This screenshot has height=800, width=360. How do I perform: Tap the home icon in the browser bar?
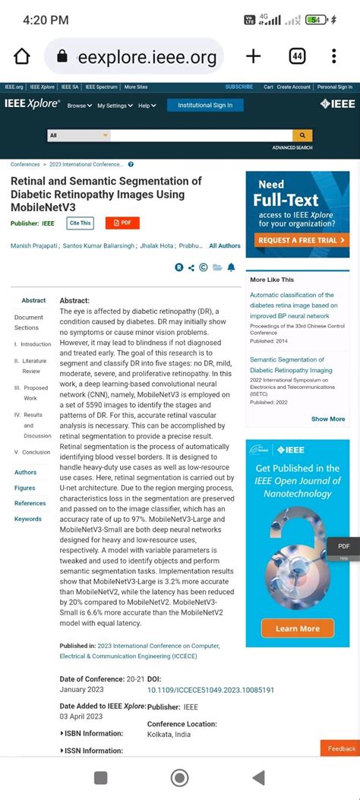(x=22, y=57)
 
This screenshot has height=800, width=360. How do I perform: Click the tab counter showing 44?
(x=297, y=56)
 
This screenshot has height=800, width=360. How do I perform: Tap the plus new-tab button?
(x=254, y=56)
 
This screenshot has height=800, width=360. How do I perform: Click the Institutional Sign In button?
(x=205, y=105)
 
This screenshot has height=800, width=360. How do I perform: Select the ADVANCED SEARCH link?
(x=292, y=147)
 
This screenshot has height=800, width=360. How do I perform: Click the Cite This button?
(x=80, y=223)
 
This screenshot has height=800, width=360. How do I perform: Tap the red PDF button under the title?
(x=122, y=223)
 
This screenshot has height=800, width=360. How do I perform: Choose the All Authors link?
(x=224, y=246)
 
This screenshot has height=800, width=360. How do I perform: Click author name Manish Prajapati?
(x=33, y=246)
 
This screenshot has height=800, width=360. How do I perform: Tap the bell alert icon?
(x=231, y=267)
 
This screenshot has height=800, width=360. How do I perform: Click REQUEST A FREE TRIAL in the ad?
(x=298, y=240)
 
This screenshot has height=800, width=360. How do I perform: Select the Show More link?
(x=328, y=419)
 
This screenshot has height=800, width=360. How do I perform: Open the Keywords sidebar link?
(x=28, y=519)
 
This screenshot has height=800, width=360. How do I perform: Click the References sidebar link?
(x=30, y=503)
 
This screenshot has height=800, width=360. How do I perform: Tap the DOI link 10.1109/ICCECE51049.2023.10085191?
(x=210, y=690)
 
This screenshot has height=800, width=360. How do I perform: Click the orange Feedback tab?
(x=341, y=748)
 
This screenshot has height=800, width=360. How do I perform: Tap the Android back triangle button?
(x=258, y=777)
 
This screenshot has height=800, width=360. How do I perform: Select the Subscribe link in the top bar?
(x=239, y=87)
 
